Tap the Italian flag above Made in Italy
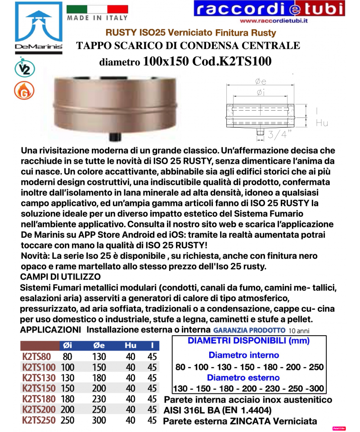(x=97, y=9)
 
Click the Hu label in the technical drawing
(x=322, y=123)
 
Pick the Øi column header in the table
(x=66, y=346)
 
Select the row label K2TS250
(x=38, y=420)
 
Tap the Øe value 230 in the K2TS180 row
(x=99, y=399)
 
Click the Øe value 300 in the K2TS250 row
(x=99, y=420)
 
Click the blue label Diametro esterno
(x=243, y=378)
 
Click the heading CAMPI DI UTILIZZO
(x=60, y=275)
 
